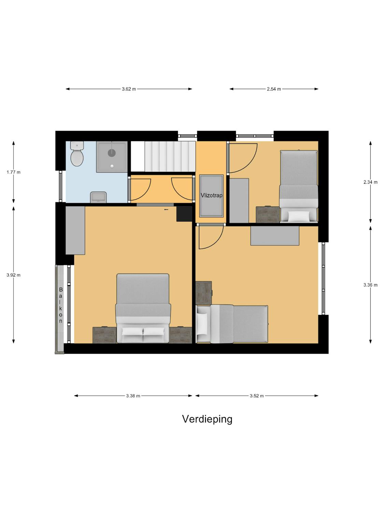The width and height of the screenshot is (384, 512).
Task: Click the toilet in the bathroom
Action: tap(77, 154)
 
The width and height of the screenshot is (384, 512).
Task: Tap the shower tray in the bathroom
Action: tap(112, 157)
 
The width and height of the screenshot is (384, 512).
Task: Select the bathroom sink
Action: tap(98, 197)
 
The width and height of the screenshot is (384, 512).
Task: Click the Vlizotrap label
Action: tap(212, 196)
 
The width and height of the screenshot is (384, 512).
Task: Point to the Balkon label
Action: tap(61, 305)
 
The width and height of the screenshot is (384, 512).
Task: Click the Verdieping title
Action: tap(207, 425)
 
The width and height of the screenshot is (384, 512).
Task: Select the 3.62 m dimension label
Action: tap(129, 89)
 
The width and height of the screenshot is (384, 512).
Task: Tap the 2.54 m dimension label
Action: tap(274, 89)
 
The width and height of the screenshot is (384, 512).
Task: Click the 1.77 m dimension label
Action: tap(14, 172)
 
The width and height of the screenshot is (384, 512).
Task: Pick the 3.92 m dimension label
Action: tap(14, 275)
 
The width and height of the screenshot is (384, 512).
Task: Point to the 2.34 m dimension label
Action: tap(370, 182)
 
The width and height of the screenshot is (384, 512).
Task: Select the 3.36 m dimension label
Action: tap(370, 285)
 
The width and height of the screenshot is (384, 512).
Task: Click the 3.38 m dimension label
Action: tap(133, 396)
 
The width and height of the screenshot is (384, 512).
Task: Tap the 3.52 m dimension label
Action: tap(257, 396)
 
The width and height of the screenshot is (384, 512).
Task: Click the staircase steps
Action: tap(170, 156)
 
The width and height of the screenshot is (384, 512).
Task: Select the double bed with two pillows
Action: tap(143, 308)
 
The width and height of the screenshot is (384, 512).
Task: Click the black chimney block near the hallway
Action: tap(184, 214)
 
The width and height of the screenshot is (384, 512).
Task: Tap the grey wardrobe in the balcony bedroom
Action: tap(75, 230)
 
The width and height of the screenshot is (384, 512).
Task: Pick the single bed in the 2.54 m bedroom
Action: tap(299, 186)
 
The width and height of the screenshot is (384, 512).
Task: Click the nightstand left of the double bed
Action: tap(104, 335)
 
